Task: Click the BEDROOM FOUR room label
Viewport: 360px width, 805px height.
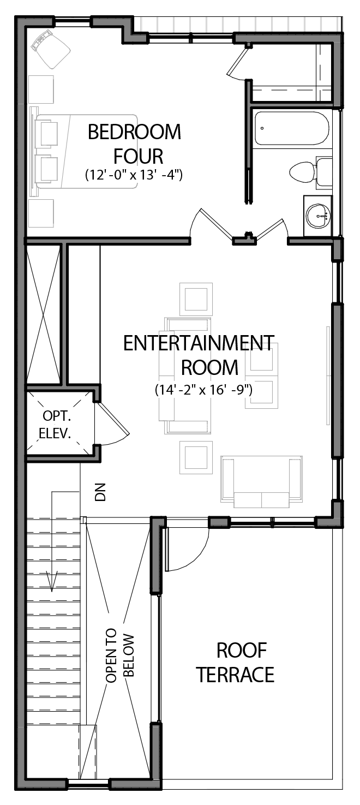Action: [134, 144]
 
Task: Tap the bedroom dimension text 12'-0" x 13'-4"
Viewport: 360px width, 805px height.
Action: [134, 175]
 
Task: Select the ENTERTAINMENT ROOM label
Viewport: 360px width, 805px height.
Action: [199, 355]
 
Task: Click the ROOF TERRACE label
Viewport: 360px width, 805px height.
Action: [235, 663]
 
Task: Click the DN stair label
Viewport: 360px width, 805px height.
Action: [100, 492]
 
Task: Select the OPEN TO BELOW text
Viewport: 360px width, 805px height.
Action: [120, 658]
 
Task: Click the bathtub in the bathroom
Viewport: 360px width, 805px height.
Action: [291, 128]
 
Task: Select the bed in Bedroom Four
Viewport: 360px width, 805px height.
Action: [85, 152]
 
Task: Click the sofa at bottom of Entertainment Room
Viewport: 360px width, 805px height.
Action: [261, 479]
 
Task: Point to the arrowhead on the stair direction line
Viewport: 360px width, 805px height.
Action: [52, 582]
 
